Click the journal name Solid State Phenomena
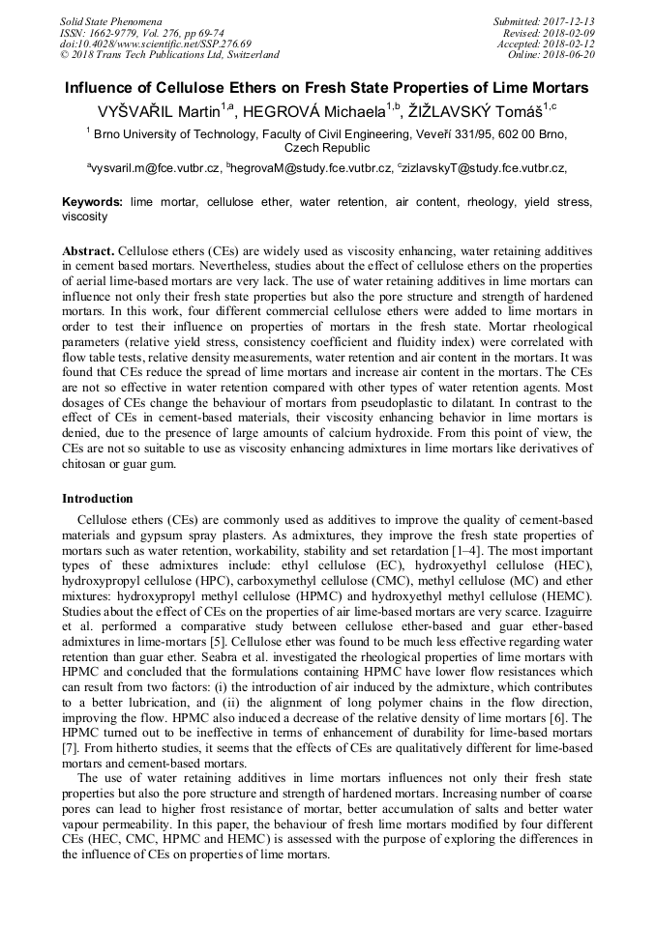click(110, 20)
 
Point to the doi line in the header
click(156, 43)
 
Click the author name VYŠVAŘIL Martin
click(158, 112)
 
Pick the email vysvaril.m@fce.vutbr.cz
click(156, 168)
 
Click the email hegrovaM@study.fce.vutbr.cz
click(311, 168)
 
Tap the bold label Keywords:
click(93, 203)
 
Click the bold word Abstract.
click(88, 249)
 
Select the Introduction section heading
click(98, 499)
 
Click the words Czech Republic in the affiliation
click(327, 149)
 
